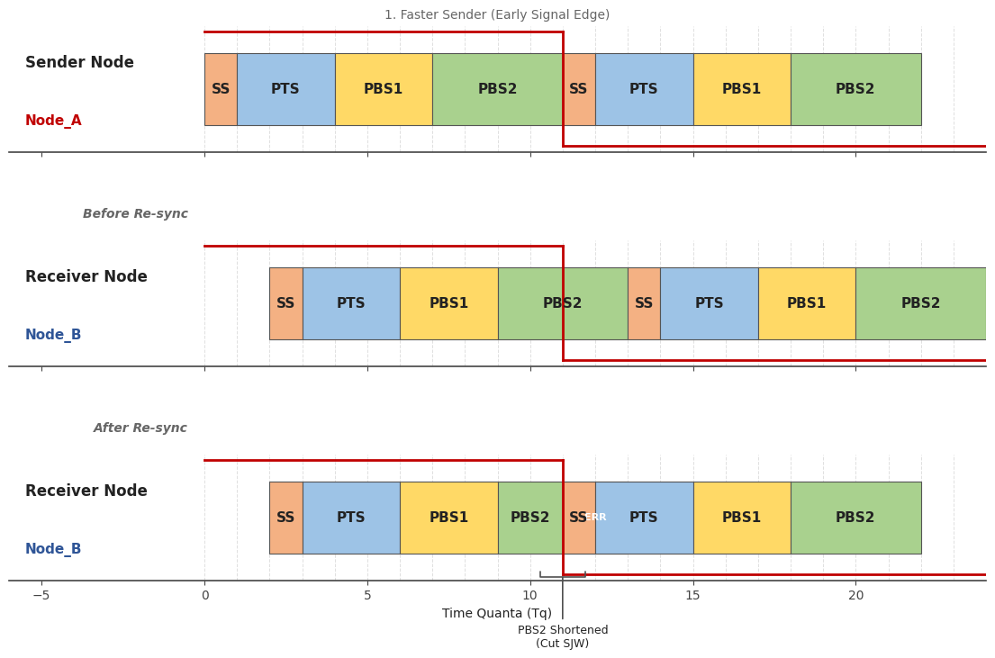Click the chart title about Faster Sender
pos(497,15)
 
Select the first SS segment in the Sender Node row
pos(221,89)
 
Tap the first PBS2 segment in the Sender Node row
pos(497,89)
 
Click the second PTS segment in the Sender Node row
pos(644,89)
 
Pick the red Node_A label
pos(53,121)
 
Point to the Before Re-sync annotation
pos(135,214)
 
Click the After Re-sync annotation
pos(140,428)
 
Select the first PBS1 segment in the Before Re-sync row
pos(448,303)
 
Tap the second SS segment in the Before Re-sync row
pos(644,303)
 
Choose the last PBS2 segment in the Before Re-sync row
pos(920,303)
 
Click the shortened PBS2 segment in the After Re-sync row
pos(529,518)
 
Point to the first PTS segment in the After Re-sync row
pos(351,518)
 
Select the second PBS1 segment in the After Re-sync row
pos(742,518)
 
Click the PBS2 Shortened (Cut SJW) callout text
pos(563,637)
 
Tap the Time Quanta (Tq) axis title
pos(497,614)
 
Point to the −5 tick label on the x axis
pos(41,595)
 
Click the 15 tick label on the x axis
pos(693,595)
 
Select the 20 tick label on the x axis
pos(855,595)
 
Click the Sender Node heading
pos(79,63)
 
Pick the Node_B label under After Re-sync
pos(53,549)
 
